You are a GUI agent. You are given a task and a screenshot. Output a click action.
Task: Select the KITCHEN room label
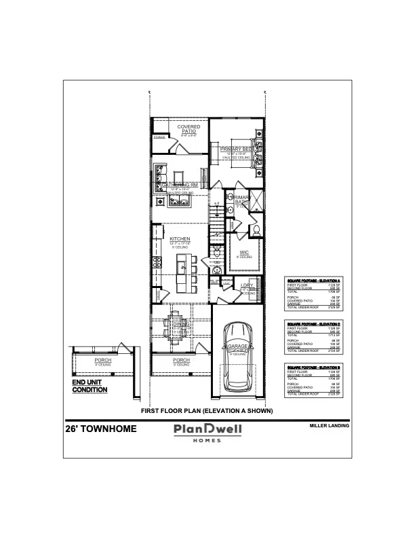180,239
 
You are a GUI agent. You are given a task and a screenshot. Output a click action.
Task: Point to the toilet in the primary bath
256,232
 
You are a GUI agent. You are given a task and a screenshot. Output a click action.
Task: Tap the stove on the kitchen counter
157,262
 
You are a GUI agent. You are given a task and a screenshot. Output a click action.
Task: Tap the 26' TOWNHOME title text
101,429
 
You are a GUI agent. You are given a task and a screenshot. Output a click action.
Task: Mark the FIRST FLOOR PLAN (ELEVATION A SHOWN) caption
207,411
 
